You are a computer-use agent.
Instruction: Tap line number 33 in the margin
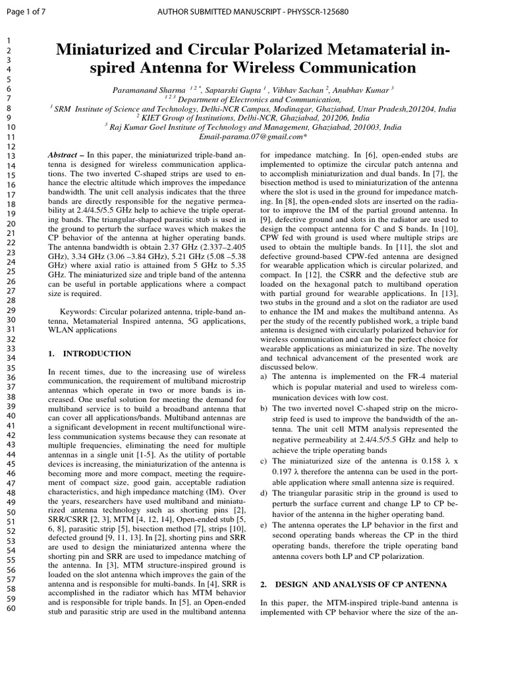click(x=11, y=348)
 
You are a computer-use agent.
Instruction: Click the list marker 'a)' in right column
click(x=264, y=376)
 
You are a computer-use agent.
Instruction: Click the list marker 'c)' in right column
click(x=264, y=461)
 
